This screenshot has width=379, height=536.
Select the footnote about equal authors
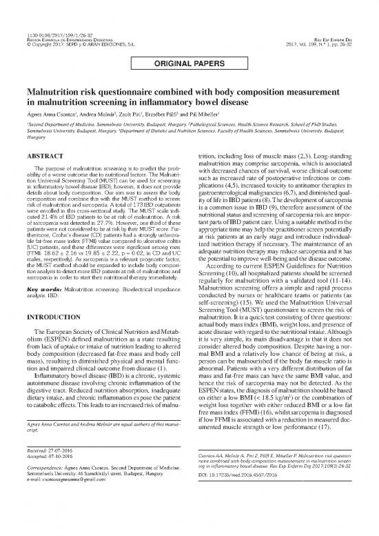coord(94,464)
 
